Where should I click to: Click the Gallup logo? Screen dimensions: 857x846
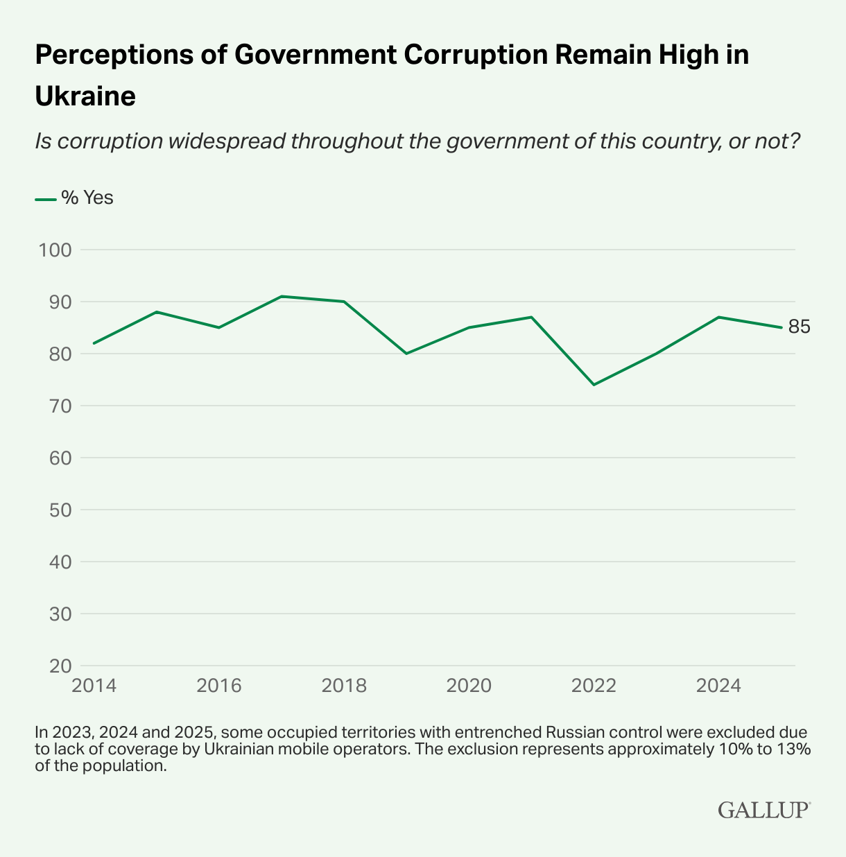pyautogui.click(x=763, y=810)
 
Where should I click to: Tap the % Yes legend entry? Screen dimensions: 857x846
pyautogui.click(x=74, y=198)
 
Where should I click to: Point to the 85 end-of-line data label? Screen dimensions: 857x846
pyautogui.click(x=799, y=327)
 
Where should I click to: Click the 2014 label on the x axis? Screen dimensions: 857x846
pyautogui.click(x=94, y=686)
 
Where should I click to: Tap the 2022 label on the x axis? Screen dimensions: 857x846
pyautogui.click(x=594, y=686)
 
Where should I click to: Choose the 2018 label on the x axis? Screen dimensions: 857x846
pyautogui.click(x=344, y=686)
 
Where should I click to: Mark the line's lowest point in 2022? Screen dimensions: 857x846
pyautogui.click(x=594, y=384)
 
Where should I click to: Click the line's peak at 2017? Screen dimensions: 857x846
pyautogui.click(x=282, y=296)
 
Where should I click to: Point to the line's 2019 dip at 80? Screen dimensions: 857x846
pyautogui.click(x=406, y=354)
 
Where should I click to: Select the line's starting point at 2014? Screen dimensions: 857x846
pyautogui.click(x=94, y=343)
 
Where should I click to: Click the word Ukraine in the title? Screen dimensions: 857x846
pyautogui.click(x=85, y=96)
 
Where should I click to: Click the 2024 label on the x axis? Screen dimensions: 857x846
pyautogui.click(x=718, y=686)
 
